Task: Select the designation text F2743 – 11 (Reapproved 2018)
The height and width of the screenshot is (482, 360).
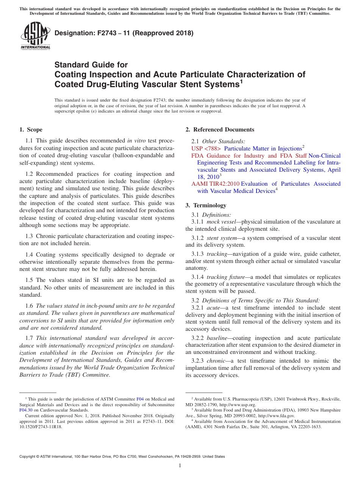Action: click(124, 33)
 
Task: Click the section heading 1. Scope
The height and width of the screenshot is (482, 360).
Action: click(31, 130)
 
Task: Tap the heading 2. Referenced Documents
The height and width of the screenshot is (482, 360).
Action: click(220, 130)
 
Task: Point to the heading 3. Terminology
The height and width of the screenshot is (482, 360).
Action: click(206, 205)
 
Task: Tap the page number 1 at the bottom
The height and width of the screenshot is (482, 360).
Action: click(180, 466)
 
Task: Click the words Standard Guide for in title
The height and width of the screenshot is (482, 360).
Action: click(91, 65)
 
